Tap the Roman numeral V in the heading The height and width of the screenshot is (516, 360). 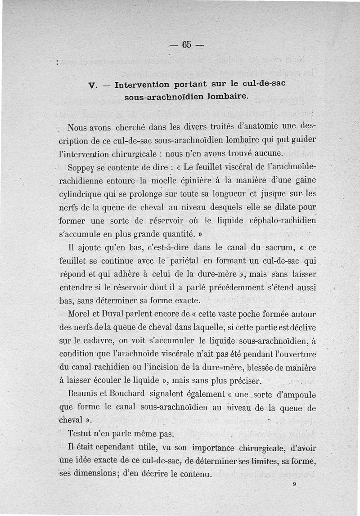click(91, 85)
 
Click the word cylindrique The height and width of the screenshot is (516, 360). click(83, 195)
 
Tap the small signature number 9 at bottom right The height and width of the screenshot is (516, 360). click(294, 485)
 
